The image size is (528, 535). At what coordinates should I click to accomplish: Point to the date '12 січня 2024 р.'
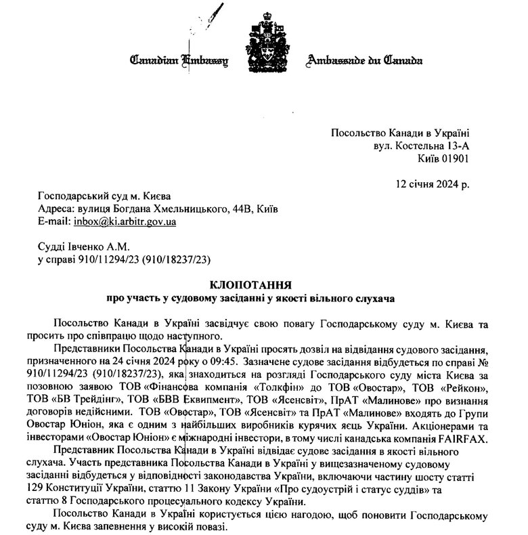click(431, 184)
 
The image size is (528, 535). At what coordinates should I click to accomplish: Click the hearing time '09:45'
click(223, 362)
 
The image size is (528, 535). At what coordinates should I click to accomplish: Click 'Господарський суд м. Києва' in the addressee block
click(101, 196)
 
